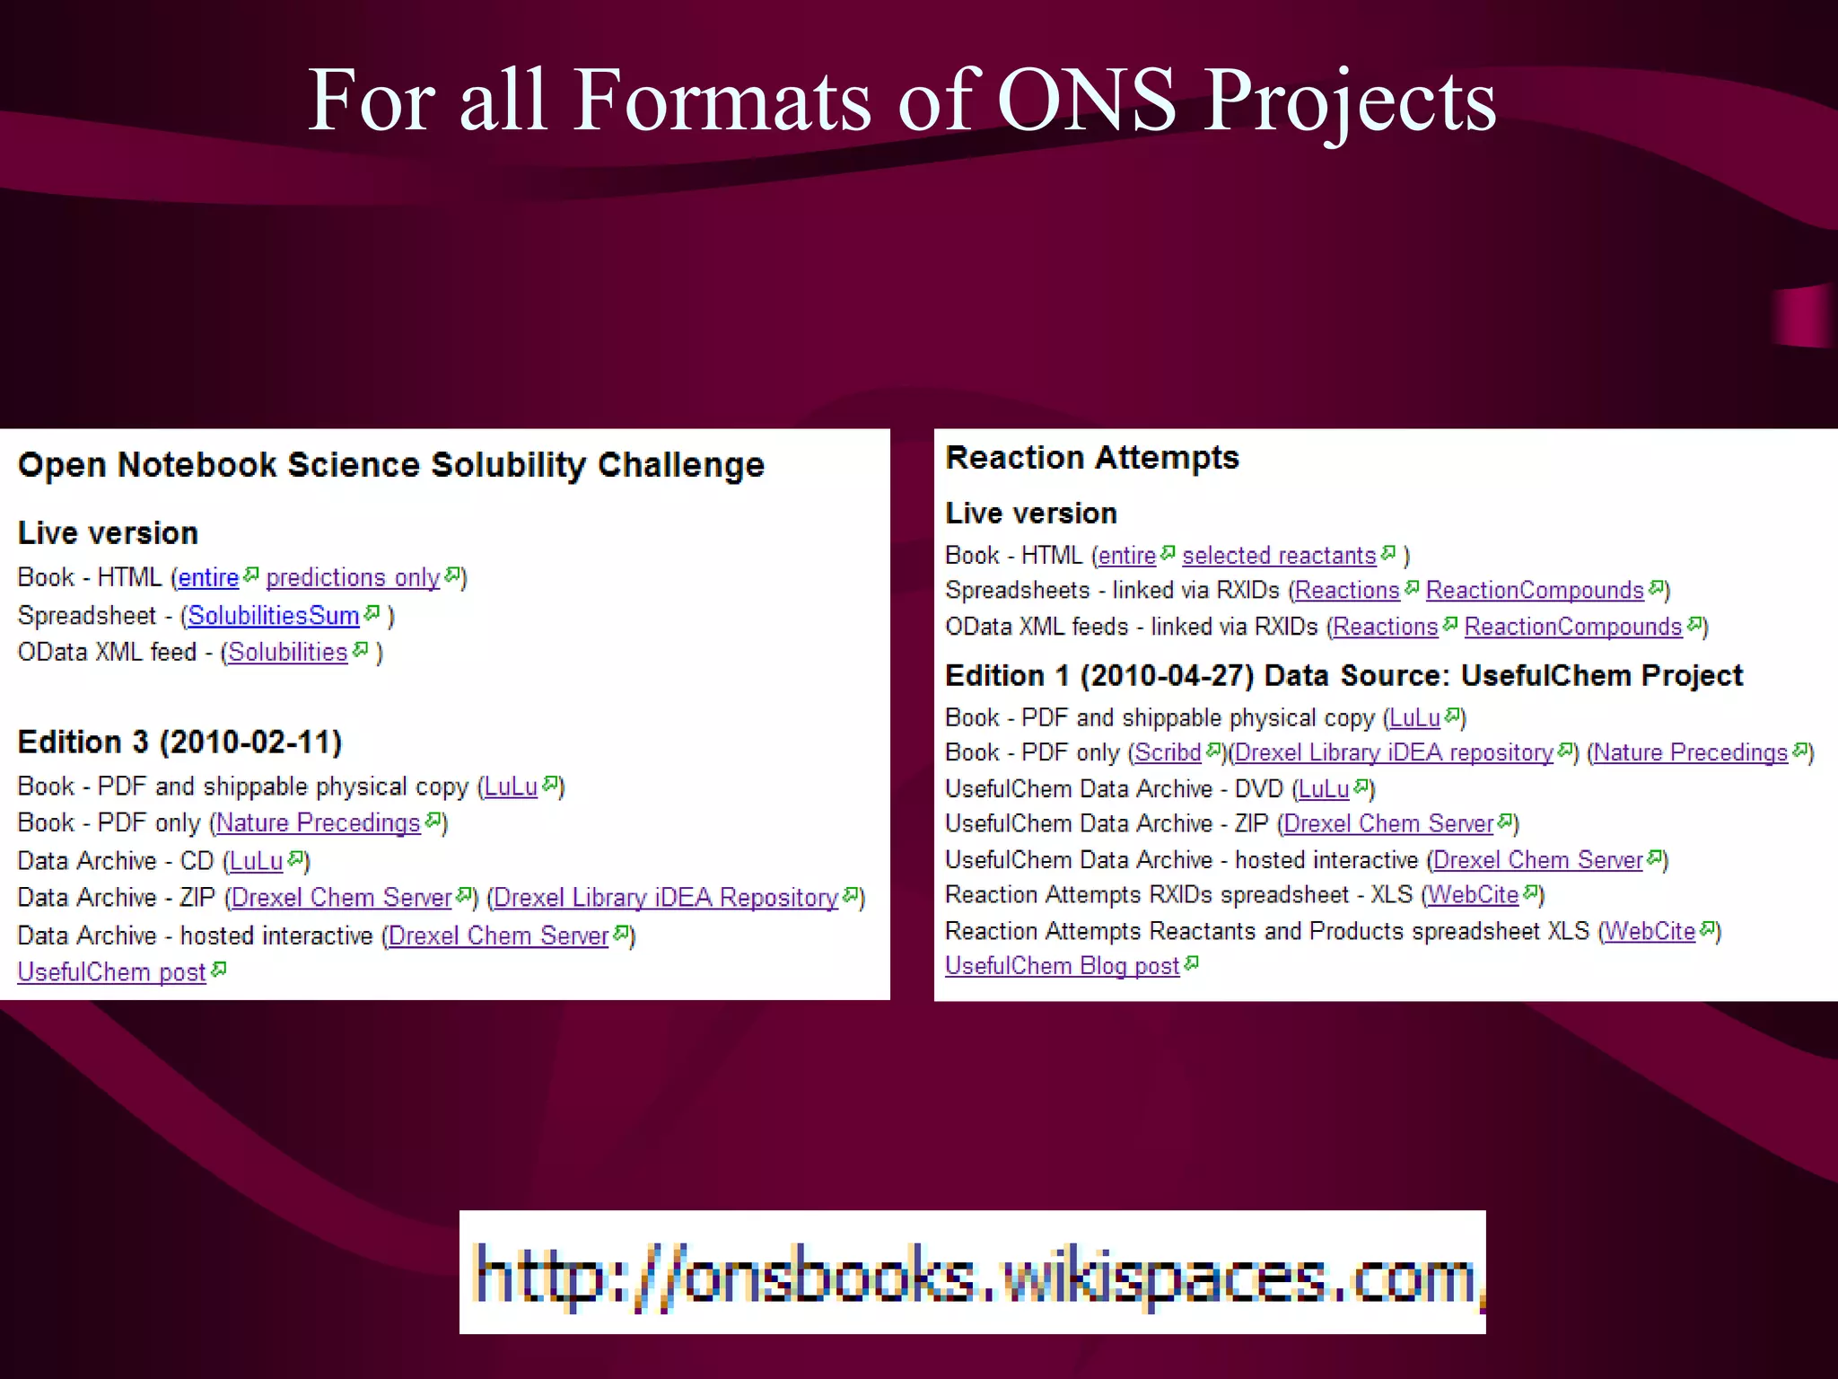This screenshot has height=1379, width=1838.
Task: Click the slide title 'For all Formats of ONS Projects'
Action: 901,101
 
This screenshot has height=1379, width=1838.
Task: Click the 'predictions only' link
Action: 353,577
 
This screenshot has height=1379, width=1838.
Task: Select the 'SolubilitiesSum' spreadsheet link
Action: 273,616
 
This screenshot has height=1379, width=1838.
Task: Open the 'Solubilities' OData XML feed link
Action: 287,653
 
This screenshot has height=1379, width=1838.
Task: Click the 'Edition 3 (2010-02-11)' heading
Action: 179,742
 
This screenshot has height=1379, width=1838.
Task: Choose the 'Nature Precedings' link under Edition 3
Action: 318,823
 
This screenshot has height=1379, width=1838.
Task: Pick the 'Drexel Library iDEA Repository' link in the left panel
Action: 665,898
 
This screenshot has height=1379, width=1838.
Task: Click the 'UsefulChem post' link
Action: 111,972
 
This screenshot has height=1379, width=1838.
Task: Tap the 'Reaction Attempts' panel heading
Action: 1091,458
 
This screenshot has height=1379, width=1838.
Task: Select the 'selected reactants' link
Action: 1278,556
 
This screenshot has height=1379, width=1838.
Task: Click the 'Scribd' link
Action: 1167,752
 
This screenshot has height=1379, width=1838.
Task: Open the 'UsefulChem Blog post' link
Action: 1062,966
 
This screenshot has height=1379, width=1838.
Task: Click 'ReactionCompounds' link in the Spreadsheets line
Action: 1534,591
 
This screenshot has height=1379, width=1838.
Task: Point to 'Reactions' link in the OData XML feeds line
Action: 1385,627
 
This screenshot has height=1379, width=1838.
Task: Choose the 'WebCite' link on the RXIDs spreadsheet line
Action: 1473,895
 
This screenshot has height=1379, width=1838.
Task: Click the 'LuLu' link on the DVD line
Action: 1323,789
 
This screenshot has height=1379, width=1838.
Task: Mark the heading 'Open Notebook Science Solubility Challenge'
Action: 390,465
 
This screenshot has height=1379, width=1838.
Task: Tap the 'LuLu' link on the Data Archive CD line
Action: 256,861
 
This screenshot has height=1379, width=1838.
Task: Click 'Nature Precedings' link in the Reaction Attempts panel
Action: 1690,752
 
